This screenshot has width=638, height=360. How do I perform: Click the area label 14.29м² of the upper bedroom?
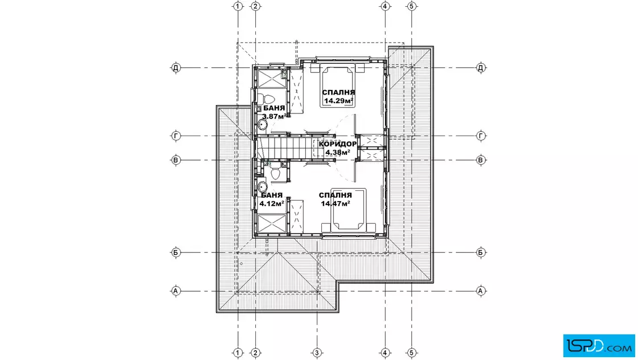tap(338, 101)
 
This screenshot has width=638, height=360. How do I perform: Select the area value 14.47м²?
tap(336, 203)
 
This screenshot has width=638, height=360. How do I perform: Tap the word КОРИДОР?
tap(338, 144)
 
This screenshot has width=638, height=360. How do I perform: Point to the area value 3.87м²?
tap(275, 116)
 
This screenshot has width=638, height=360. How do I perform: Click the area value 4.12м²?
tap(272, 203)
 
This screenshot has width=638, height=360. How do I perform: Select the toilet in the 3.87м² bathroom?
tap(267, 99)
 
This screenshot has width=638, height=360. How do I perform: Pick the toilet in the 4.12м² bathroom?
tap(276, 171)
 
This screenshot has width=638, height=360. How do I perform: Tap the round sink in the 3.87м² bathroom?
tap(262, 125)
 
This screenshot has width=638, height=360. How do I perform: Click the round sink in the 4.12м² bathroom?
tap(263, 187)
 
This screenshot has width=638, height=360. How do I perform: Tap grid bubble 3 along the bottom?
tap(317, 353)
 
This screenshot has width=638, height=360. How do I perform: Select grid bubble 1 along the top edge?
tap(238, 6)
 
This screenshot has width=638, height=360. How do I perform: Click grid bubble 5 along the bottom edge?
tap(411, 353)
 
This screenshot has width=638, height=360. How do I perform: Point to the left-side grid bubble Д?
tap(176, 68)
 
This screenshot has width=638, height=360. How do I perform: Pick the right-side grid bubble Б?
tap(481, 252)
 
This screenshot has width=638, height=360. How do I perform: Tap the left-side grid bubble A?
tap(176, 291)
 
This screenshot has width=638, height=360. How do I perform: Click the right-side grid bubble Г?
tap(481, 136)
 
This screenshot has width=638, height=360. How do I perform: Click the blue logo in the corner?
tap(599, 346)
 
